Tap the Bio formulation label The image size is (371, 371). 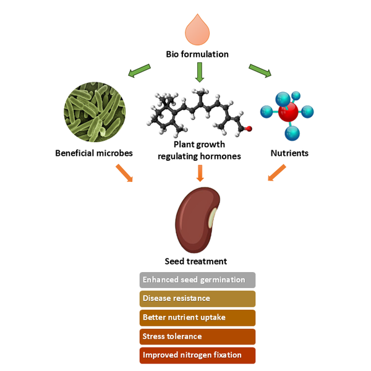197,54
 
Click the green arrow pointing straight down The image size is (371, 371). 198,72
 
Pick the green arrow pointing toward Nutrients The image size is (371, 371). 260,71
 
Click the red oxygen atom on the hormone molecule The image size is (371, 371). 248,129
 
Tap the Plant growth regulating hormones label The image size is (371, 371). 199,151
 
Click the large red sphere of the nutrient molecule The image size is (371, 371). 288,113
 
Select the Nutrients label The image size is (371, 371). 288,152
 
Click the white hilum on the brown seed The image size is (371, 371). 212,218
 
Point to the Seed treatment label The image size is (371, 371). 197,261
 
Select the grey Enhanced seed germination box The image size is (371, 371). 197,279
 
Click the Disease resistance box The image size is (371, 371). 197,299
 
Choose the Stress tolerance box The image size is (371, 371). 197,336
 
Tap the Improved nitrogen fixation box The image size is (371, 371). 197,356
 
